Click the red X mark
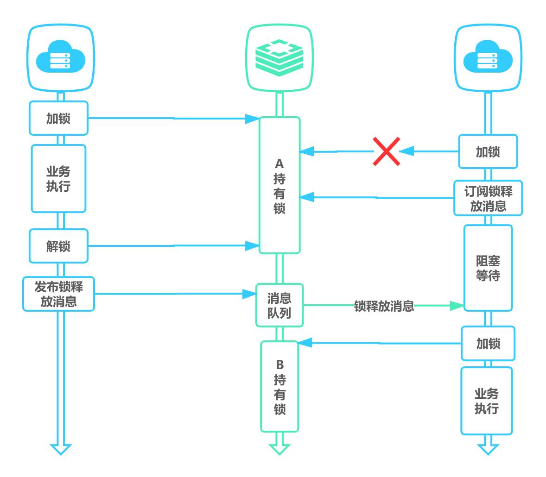click(387, 151)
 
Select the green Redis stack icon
click(279, 57)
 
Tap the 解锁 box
click(58, 246)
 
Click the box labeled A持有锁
click(279, 185)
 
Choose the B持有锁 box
click(279, 387)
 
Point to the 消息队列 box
click(279, 305)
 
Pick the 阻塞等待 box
click(488, 268)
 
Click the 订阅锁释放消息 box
click(488, 198)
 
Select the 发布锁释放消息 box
click(59, 294)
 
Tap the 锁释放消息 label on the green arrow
click(384, 306)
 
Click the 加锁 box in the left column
click(58, 119)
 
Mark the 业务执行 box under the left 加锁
click(58, 179)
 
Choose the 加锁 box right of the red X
click(488, 151)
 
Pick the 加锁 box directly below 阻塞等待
click(488, 344)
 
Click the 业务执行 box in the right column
click(487, 401)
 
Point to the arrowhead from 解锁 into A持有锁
click(253, 245)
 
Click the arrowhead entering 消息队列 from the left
click(249, 294)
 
